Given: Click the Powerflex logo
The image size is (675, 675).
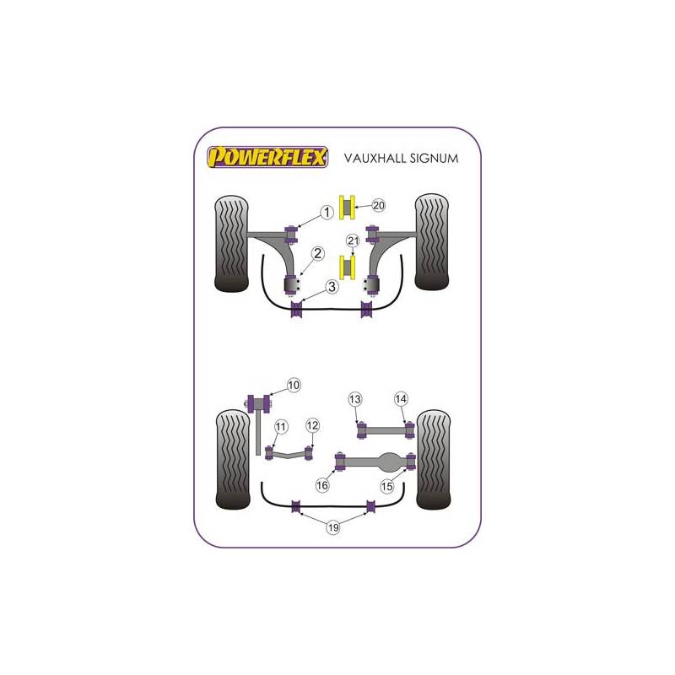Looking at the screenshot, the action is click(267, 157).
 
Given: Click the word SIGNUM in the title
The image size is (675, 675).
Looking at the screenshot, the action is click(434, 159).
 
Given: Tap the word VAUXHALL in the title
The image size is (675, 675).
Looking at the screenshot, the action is click(375, 159).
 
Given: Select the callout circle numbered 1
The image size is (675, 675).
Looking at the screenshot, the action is click(327, 213).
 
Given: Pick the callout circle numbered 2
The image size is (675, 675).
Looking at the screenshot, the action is click(318, 254).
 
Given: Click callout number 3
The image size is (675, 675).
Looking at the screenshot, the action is click(332, 287).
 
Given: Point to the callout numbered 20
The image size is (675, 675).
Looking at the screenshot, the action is click(378, 205).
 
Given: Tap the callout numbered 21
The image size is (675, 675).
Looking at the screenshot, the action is click(353, 240).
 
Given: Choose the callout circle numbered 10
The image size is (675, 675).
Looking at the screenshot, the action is click(294, 385).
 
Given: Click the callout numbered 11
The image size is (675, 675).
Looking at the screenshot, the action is click(281, 427).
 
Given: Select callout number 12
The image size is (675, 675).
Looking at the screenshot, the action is click(312, 425).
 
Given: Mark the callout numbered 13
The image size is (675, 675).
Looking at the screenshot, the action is click(355, 399).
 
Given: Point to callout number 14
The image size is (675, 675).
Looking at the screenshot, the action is click(401, 399).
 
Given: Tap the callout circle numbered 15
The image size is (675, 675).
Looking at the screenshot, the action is click(387, 487).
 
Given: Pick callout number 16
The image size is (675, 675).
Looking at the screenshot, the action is click(322, 486).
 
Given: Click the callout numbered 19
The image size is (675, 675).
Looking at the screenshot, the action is click(333, 527).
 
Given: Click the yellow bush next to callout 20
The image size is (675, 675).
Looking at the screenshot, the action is click(347, 207).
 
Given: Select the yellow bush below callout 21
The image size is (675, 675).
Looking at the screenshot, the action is click(347, 267).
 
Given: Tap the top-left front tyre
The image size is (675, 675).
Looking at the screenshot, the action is click(231, 244).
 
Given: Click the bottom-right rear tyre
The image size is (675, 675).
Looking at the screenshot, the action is click(434, 460).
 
